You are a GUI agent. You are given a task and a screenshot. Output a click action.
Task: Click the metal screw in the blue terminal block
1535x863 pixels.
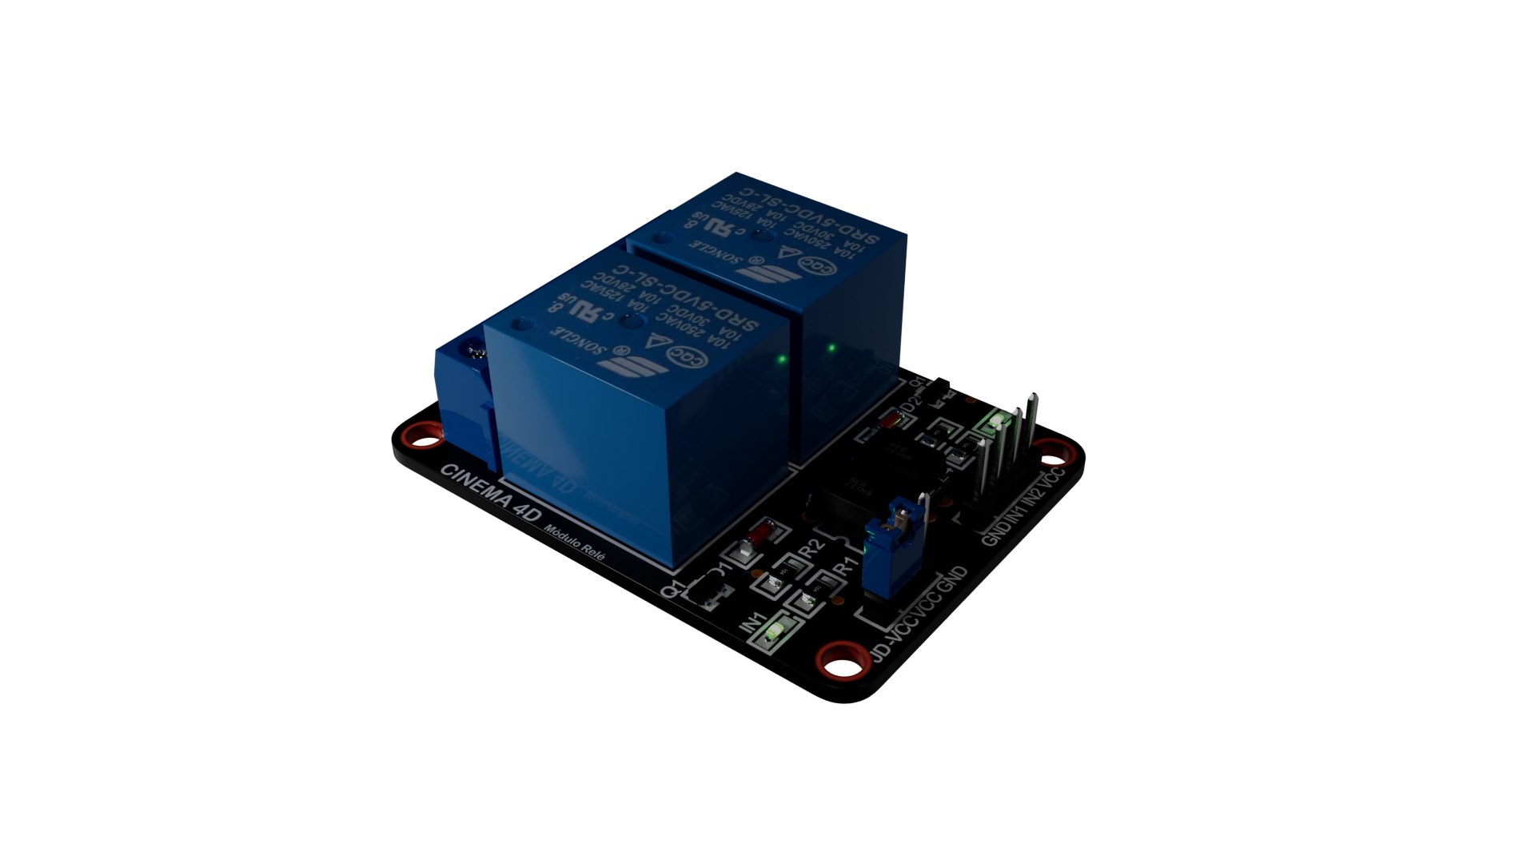475,352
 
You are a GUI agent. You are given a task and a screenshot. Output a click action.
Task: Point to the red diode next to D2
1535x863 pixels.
889,421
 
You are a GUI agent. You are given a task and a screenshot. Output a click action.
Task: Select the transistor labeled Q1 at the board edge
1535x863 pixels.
708,593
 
